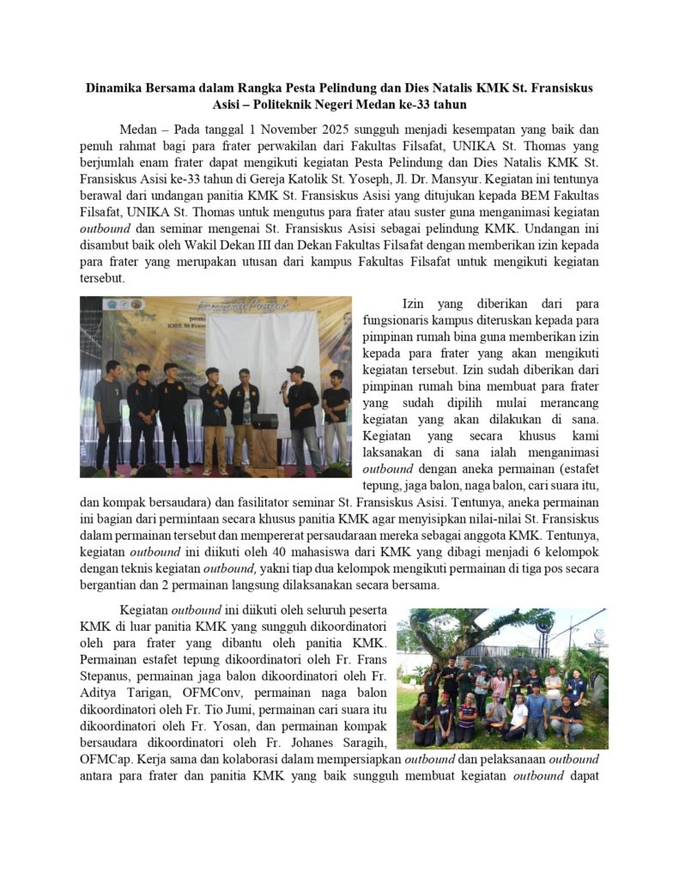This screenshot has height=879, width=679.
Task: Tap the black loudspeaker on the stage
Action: click(264, 421)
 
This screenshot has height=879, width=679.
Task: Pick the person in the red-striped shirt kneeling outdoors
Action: click(465, 719)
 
